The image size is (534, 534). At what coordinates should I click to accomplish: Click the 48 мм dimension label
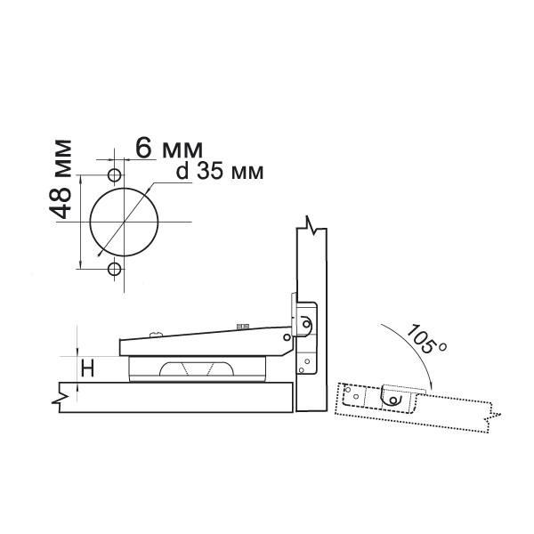click(61, 179)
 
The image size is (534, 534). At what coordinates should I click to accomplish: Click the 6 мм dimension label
click(169, 149)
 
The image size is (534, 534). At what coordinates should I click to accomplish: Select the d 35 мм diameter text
click(220, 171)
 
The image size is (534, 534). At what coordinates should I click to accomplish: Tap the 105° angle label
click(425, 338)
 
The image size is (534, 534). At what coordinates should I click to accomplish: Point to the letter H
click(88, 368)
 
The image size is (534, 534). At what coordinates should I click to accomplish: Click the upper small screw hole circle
click(115, 175)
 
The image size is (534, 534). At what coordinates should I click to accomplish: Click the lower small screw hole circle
click(115, 269)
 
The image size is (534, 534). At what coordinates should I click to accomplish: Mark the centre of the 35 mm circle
click(124, 222)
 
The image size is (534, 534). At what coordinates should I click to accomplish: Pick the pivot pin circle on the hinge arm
click(287, 337)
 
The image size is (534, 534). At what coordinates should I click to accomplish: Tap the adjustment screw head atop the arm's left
click(157, 334)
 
